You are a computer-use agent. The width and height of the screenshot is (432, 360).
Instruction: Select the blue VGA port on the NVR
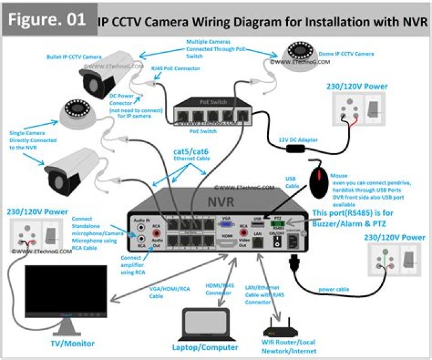(227, 224)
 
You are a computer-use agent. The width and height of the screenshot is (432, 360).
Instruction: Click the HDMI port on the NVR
(227, 243)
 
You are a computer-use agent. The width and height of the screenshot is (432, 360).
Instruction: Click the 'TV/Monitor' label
(72, 343)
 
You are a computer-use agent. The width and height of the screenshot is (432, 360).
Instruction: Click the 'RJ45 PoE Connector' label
(175, 68)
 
